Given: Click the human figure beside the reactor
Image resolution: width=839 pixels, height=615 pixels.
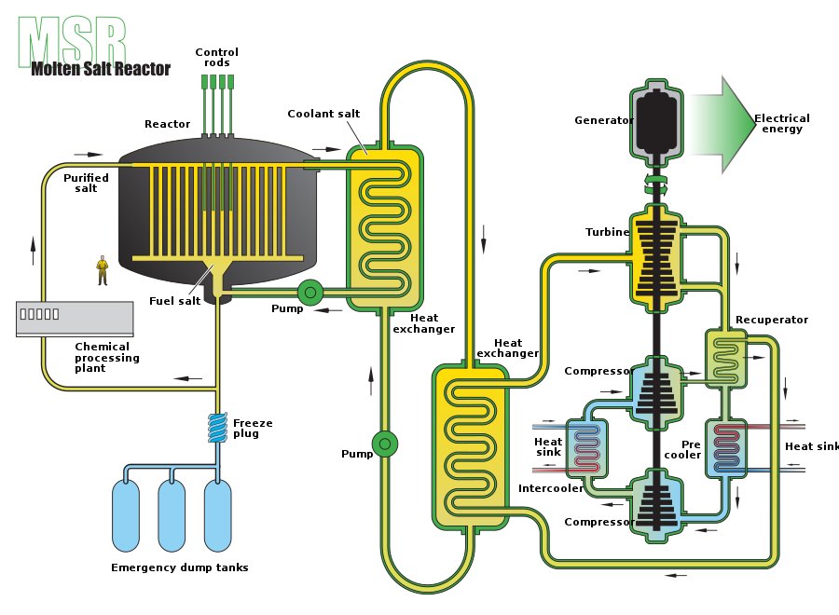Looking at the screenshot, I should (x=103, y=269).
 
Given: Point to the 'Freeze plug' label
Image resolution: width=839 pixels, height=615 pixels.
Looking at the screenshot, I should (x=253, y=429).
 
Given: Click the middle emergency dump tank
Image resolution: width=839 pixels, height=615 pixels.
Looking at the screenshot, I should (x=172, y=514).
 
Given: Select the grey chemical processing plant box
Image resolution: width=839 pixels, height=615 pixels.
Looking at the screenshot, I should (x=75, y=318).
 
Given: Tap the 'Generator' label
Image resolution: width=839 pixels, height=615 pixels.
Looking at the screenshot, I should (x=603, y=120).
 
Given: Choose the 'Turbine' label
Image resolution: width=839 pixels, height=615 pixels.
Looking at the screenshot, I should (x=607, y=232).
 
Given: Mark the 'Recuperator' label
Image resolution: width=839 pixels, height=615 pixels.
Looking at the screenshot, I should (x=771, y=320).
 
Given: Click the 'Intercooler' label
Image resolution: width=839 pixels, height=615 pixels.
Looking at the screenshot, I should (x=551, y=488).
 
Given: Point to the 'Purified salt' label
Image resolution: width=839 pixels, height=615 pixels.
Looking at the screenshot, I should (x=86, y=183).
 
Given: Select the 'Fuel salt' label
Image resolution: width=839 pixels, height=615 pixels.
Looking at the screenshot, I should (x=175, y=300).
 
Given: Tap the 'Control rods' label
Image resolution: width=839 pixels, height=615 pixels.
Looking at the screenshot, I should (x=216, y=58).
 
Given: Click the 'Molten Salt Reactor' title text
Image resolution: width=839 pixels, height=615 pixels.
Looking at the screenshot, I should (x=101, y=69).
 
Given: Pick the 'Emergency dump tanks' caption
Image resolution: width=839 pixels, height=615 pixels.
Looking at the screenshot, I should (x=179, y=567).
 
